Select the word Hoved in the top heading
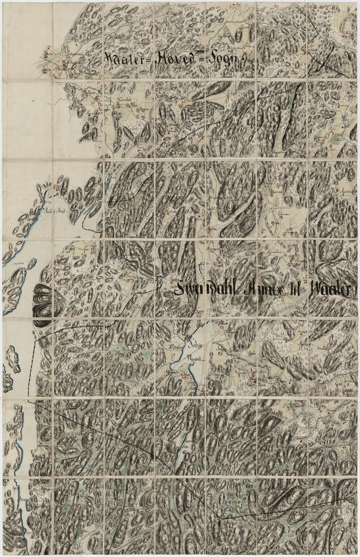(177, 59)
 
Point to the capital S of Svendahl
(180, 289)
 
